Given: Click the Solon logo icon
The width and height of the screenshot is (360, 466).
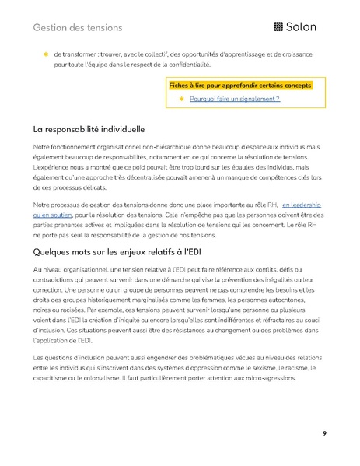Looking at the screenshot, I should [x=278, y=27].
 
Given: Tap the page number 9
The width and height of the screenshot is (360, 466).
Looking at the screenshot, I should [x=324, y=433].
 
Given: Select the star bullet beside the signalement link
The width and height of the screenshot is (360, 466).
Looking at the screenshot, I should [x=182, y=100].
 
